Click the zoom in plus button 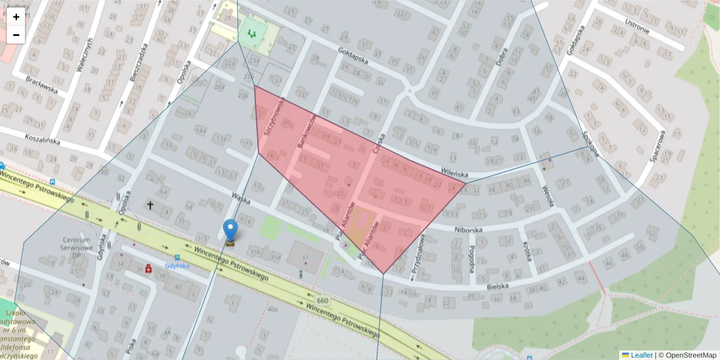[16, 17]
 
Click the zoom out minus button [16, 35]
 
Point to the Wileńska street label [454, 172]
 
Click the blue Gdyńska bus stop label [178, 265]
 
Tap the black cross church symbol [150, 205]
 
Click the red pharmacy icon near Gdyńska [147, 269]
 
